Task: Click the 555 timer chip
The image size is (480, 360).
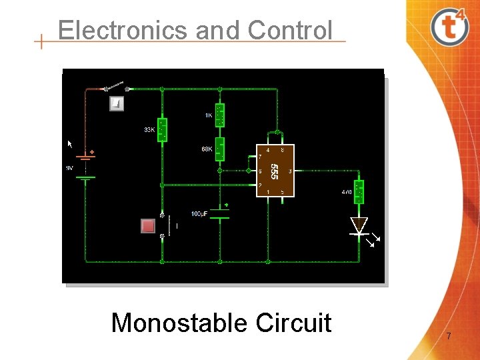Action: [275, 171]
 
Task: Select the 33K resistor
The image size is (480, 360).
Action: [161, 129]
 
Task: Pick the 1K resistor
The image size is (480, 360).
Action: [220, 115]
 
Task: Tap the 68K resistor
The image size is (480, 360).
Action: [220, 149]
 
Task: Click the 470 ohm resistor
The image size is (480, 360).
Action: [359, 192]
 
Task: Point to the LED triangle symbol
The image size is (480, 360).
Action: [359, 225]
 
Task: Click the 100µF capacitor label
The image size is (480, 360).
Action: [199, 213]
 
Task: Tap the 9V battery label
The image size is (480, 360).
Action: [69, 168]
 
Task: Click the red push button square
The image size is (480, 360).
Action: [148, 226]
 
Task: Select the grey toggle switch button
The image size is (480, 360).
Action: [116, 103]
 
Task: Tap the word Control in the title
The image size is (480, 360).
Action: [289, 30]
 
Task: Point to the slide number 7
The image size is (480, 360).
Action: [449, 337]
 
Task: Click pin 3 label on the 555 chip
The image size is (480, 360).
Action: [289, 171]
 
